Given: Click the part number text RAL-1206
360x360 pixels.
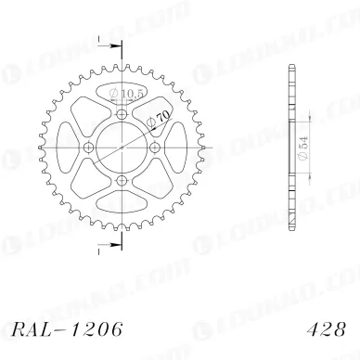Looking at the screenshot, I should click(63, 329).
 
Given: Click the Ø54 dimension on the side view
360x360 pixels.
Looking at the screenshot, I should click(303, 145).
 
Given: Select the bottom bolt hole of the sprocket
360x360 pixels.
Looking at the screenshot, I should click(121, 180).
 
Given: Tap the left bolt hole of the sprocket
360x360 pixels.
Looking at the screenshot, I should click(88, 148).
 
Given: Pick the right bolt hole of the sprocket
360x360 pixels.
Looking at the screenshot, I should click(154, 148).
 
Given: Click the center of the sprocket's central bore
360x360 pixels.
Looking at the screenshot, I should click(121, 148).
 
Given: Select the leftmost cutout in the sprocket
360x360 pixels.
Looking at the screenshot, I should click(71, 148).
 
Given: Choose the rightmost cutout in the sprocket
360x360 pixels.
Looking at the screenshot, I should click(172, 148).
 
